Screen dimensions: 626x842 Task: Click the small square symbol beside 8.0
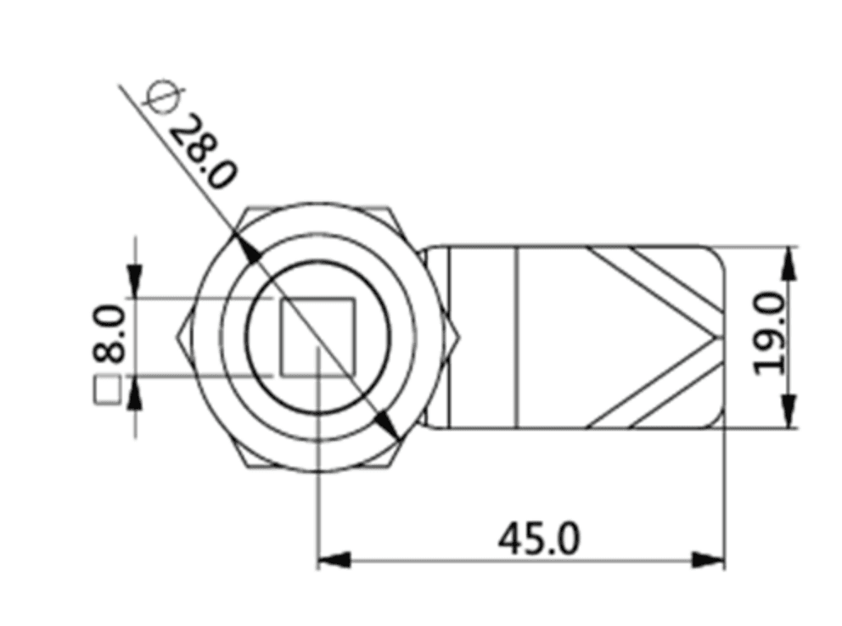[x=108, y=393]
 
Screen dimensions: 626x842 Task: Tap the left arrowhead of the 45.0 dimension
[x=333, y=561]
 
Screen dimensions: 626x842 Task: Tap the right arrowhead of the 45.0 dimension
[x=708, y=561]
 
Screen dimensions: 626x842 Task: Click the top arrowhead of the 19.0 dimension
[x=789, y=263]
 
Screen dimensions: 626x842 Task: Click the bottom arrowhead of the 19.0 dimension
[x=789, y=412]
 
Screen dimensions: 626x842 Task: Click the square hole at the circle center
[x=317, y=337]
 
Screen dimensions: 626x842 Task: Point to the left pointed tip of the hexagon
[x=178, y=337]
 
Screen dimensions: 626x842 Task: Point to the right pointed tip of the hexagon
[x=457, y=338]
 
